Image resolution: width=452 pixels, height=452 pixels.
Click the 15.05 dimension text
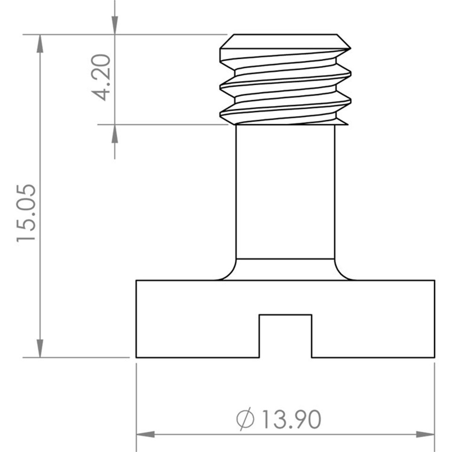coord(26,213)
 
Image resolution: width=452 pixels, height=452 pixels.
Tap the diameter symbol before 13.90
coord(245,419)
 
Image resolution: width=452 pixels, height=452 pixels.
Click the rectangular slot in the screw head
coord(285,335)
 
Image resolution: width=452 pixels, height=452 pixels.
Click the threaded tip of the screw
coord(285,80)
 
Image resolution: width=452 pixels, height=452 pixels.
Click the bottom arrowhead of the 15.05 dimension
coord(40,348)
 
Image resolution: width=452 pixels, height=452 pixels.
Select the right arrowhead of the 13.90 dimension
coord(426,434)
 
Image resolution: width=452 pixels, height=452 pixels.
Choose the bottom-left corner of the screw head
coord(137,357)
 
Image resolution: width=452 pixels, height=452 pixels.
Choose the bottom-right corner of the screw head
coord(434,357)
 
